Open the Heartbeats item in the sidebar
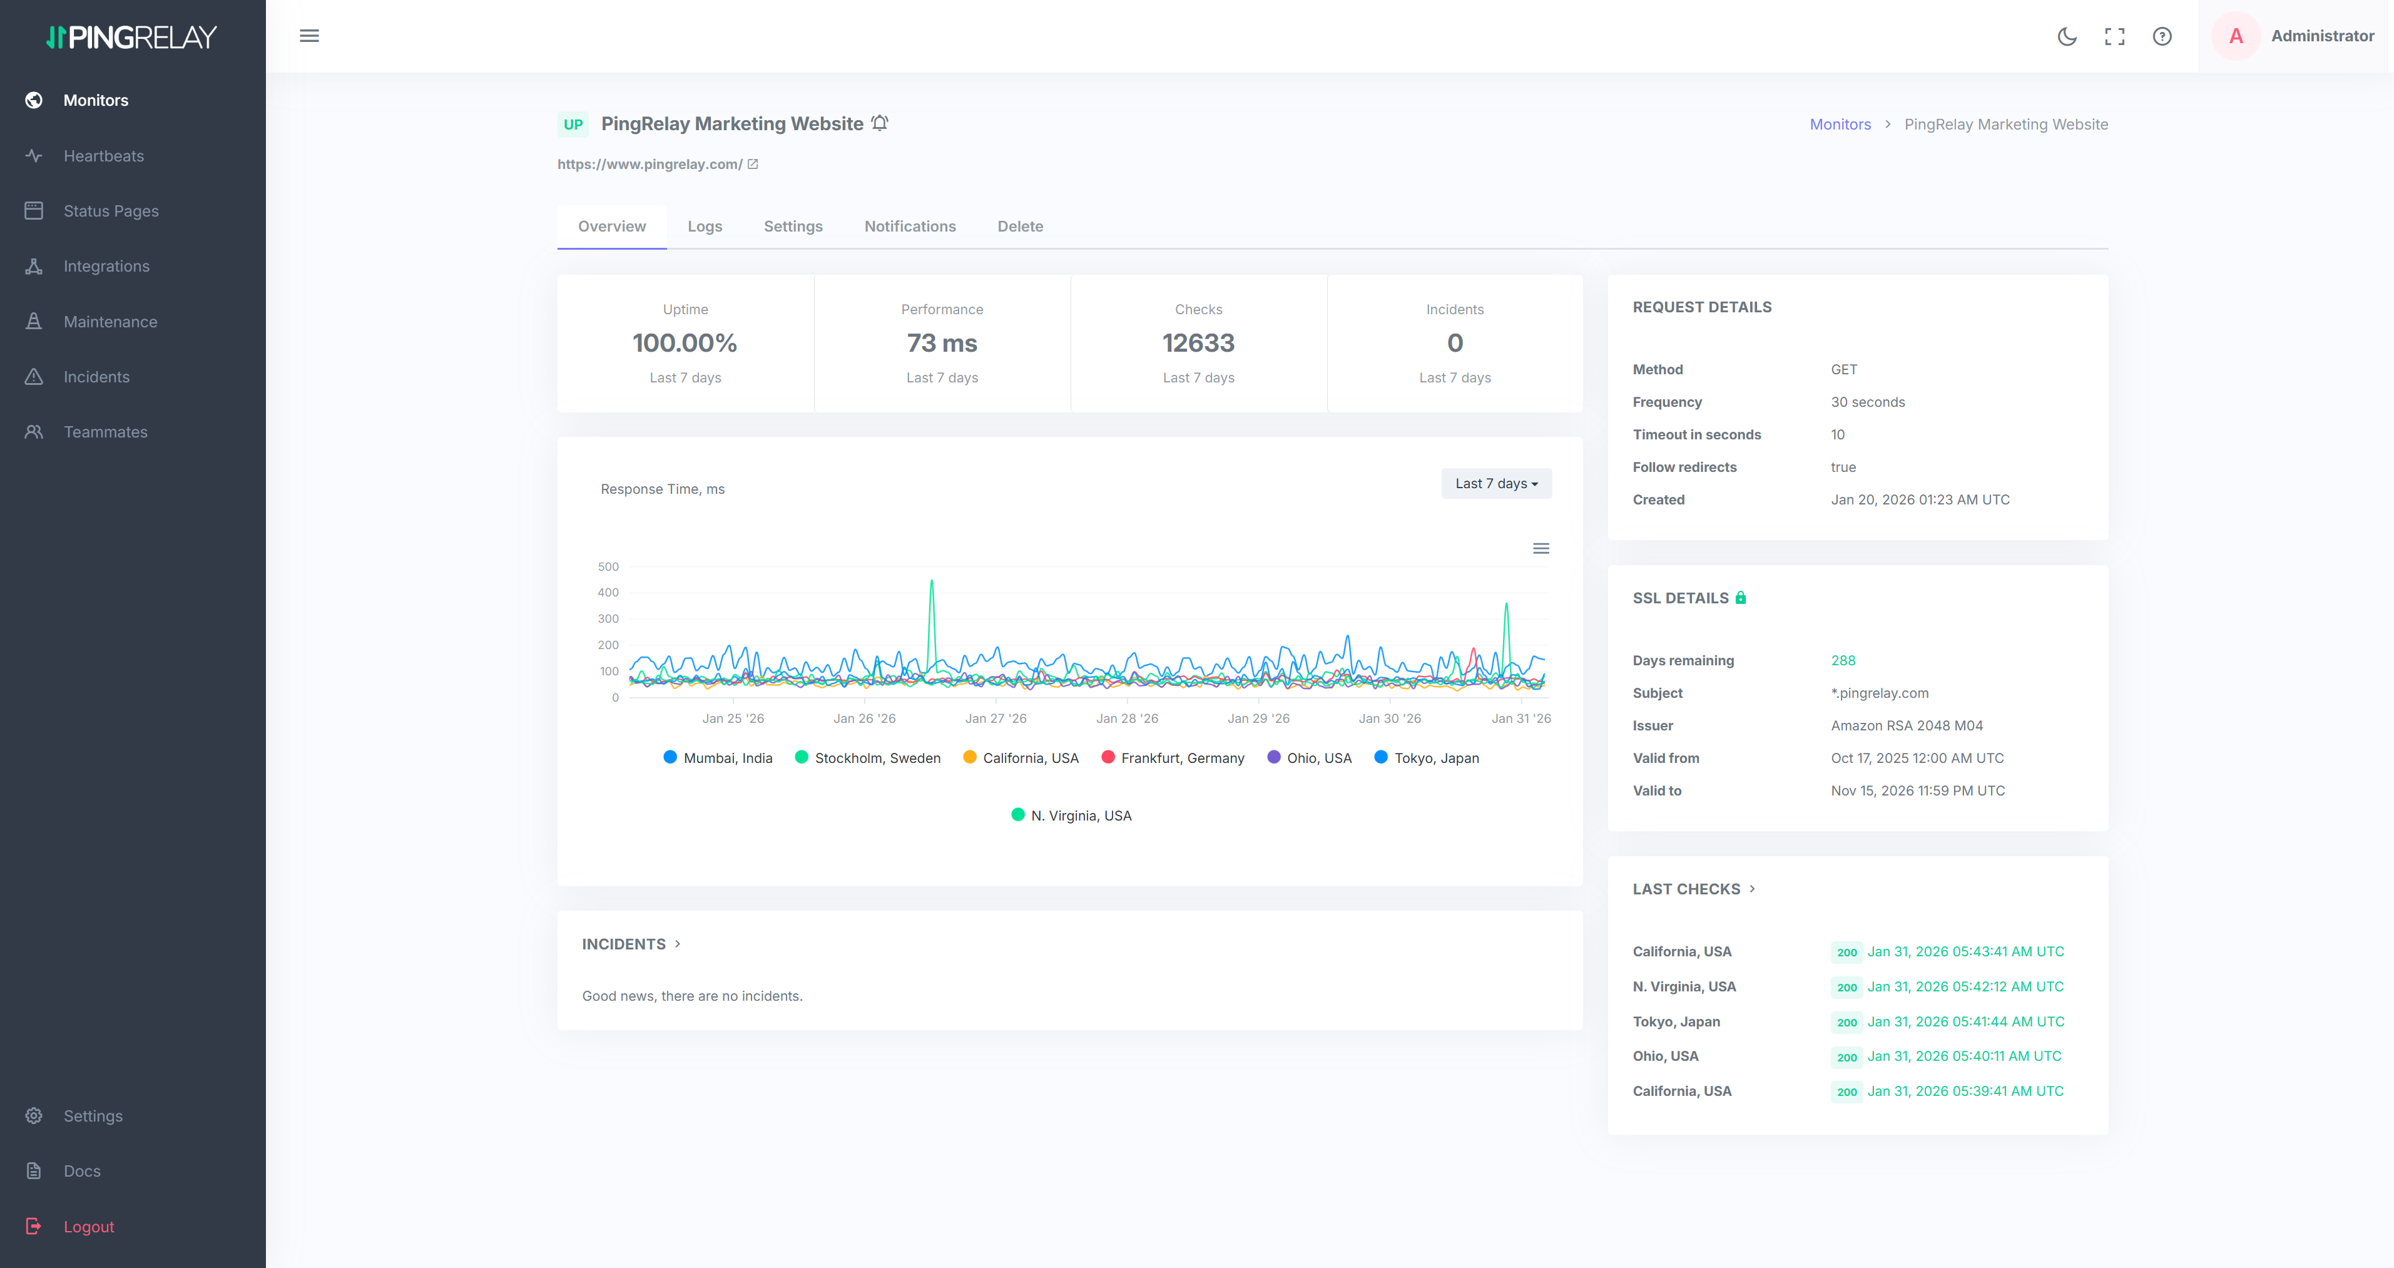pyautogui.click(x=103, y=156)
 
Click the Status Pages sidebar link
pyautogui.click(x=111, y=211)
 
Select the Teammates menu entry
pyautogui.click(x=105, y=432)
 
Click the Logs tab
pyautogui.click(x=705, y=226)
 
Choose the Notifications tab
pyautogui.click(x=909, y=226)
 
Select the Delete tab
pyautogui.click(x=1019, y=226)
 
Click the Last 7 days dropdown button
pyautogui.click(x=1495, y=483)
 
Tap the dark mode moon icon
pyautogui.click(x=2067, y=36)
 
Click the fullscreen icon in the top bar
pyautogui.click(x=2114, y=36)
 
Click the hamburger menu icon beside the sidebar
pyautogui.click(x=310, y=36)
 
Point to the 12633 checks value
pyautogui.click(x=1198, y=343)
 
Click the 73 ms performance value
pyautogui.click(x=942, y=343)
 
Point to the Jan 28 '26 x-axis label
pyautogui.click(x=1126, y=718)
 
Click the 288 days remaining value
pyautogui.click(x=1842, y=661)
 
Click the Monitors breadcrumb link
pyautogui.click(x=1839, y=125)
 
